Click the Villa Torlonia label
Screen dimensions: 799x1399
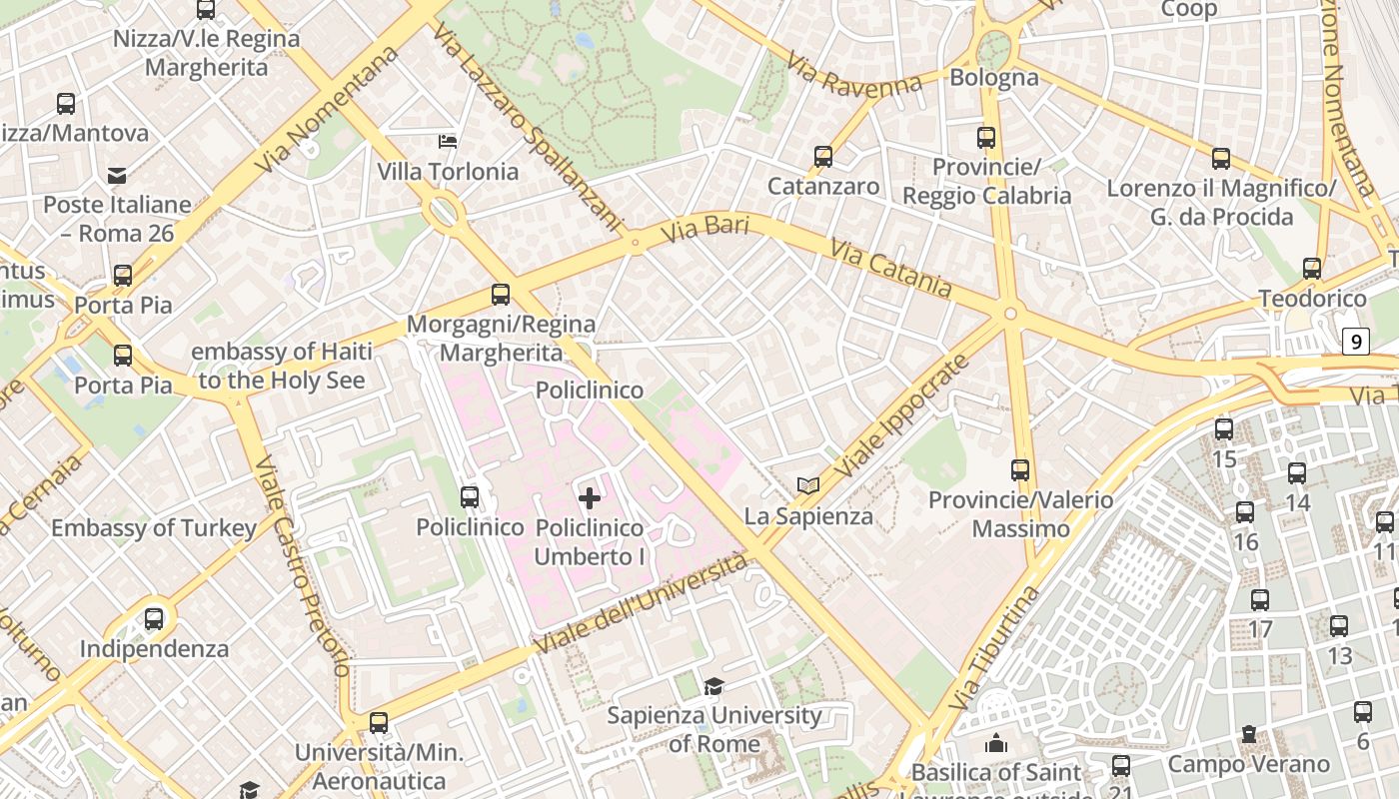(x=448, y=172)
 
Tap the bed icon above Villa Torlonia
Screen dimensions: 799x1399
(x=449, y=142)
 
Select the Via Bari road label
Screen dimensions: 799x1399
(x=705, y=228)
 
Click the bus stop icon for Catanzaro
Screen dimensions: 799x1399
(x=823, y=157)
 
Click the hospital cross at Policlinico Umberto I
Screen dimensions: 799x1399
(x=590, y=497)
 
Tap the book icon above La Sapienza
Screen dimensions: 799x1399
(x=808, y=486)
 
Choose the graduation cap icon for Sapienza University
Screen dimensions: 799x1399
(x=713, y=686)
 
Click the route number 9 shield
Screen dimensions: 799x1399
(x=1355, y=342)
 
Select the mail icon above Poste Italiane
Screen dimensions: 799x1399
(x=117, y=177)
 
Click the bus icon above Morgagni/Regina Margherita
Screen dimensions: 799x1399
(x=501, y=295)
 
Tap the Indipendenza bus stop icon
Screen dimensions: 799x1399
(x=154, y=619)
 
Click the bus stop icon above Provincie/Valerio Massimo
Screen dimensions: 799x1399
(x=1020, y=469)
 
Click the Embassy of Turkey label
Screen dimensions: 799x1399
(x=154, y=528)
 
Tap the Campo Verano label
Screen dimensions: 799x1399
(x=1249, y=765)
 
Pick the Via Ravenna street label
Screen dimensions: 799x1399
(x=854, y=76)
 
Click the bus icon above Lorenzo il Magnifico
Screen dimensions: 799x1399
(x=1221, y=158)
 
